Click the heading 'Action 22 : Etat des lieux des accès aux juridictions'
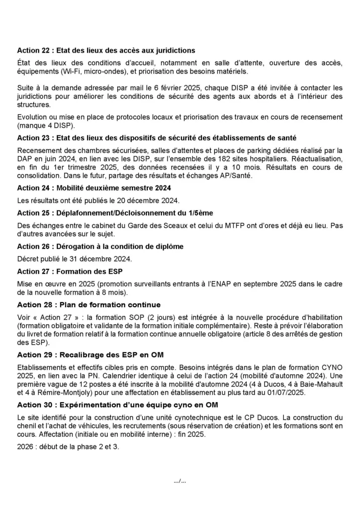point(106,50)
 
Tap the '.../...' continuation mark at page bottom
point(180,481)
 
